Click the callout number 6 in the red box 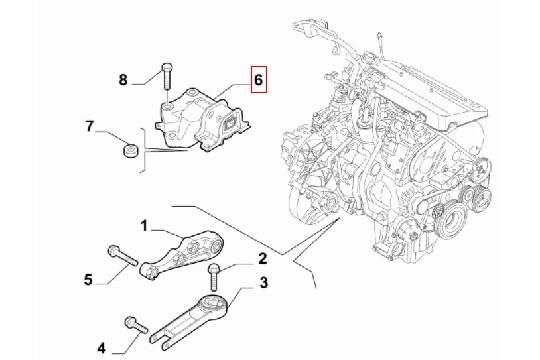(259, 80)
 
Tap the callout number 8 (123, 80)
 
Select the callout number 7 (90, 126)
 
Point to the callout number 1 (144, 226)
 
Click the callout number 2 (262, 258)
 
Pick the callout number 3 (263, 283)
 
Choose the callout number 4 (101, 348)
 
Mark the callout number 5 (88, 279)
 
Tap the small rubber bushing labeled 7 (131, 151)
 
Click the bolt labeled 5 (123, 256)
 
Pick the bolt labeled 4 (137, 325)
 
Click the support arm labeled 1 (182, 255)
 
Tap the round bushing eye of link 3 (214, 305)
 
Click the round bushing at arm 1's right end (217, 245)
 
